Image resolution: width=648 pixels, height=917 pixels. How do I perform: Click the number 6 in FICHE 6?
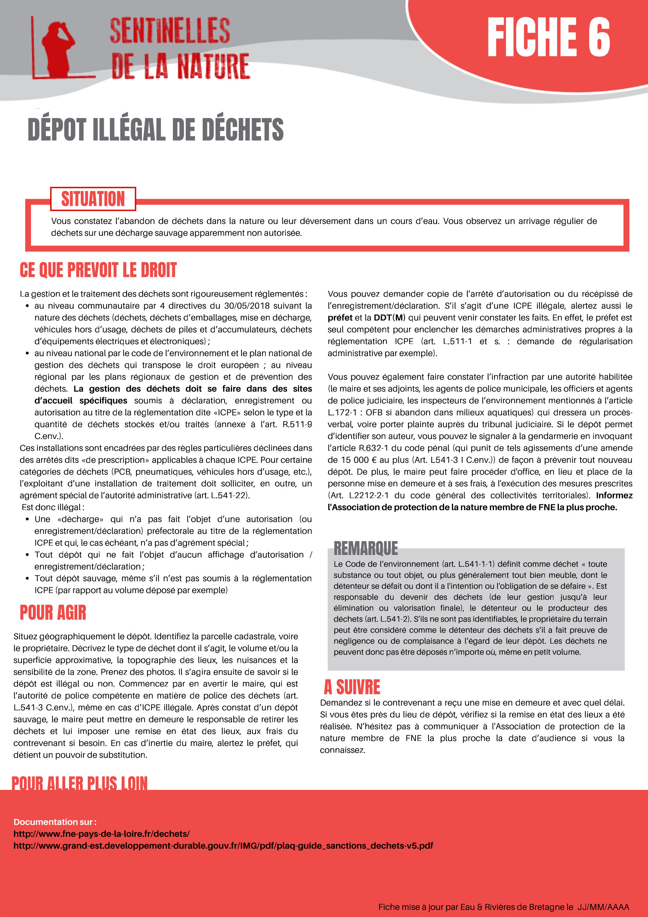(599, 38)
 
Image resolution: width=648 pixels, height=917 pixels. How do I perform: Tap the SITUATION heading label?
(93, 199)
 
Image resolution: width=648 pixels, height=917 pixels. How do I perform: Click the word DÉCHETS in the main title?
(242, 130)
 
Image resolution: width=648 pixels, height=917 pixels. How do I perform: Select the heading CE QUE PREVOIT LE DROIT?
(98, 270)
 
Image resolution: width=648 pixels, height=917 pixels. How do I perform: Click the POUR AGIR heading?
(53, 613)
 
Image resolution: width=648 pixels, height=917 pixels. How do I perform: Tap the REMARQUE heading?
(365, 548)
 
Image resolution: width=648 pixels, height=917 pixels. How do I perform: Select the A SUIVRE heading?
(352, 687)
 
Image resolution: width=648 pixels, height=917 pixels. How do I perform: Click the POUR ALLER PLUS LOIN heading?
(80, 783)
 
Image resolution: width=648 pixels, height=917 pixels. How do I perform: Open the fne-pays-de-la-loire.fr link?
(102, 833)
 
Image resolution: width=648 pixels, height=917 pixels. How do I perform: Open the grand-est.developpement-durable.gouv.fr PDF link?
(223, 846)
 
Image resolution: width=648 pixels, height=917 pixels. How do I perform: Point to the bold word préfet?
(340, 318)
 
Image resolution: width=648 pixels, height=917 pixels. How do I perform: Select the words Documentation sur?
(55, 822)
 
